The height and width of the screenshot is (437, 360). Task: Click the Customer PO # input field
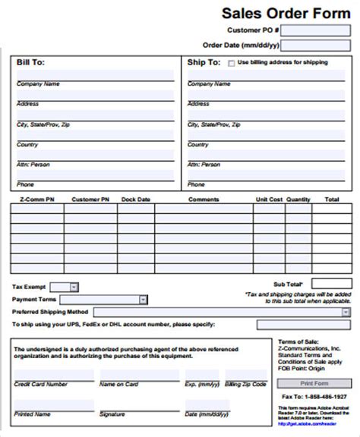[316, 30]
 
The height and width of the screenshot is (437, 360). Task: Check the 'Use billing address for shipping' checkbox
[232, 63]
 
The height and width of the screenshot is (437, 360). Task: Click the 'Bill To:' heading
[31, 63]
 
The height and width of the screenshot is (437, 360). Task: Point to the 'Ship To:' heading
[204, 63]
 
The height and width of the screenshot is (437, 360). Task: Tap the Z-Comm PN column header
[32, 200]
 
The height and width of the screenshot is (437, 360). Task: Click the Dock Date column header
[135, 200]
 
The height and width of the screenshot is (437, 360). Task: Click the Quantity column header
[298, 200]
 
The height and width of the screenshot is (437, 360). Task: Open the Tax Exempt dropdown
[64, 288]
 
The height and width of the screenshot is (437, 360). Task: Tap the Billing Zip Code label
[246, 385]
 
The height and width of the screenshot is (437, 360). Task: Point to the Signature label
[112, 413]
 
